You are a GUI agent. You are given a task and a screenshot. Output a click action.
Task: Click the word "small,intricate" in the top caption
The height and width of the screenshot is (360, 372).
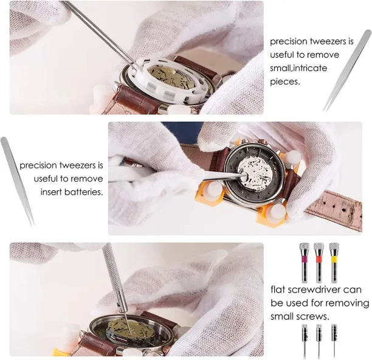tap(298, 68)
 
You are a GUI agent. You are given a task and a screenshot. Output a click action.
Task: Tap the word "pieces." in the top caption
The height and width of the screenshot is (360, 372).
tap(285, 82)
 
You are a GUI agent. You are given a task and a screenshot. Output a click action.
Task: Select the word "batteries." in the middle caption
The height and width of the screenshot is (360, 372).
tap(83, 192)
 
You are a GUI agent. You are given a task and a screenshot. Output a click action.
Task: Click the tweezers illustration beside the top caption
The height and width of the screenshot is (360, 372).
tap(347, 71)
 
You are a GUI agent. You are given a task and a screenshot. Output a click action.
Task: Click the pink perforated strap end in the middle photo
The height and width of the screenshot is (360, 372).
tap(335, 209)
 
